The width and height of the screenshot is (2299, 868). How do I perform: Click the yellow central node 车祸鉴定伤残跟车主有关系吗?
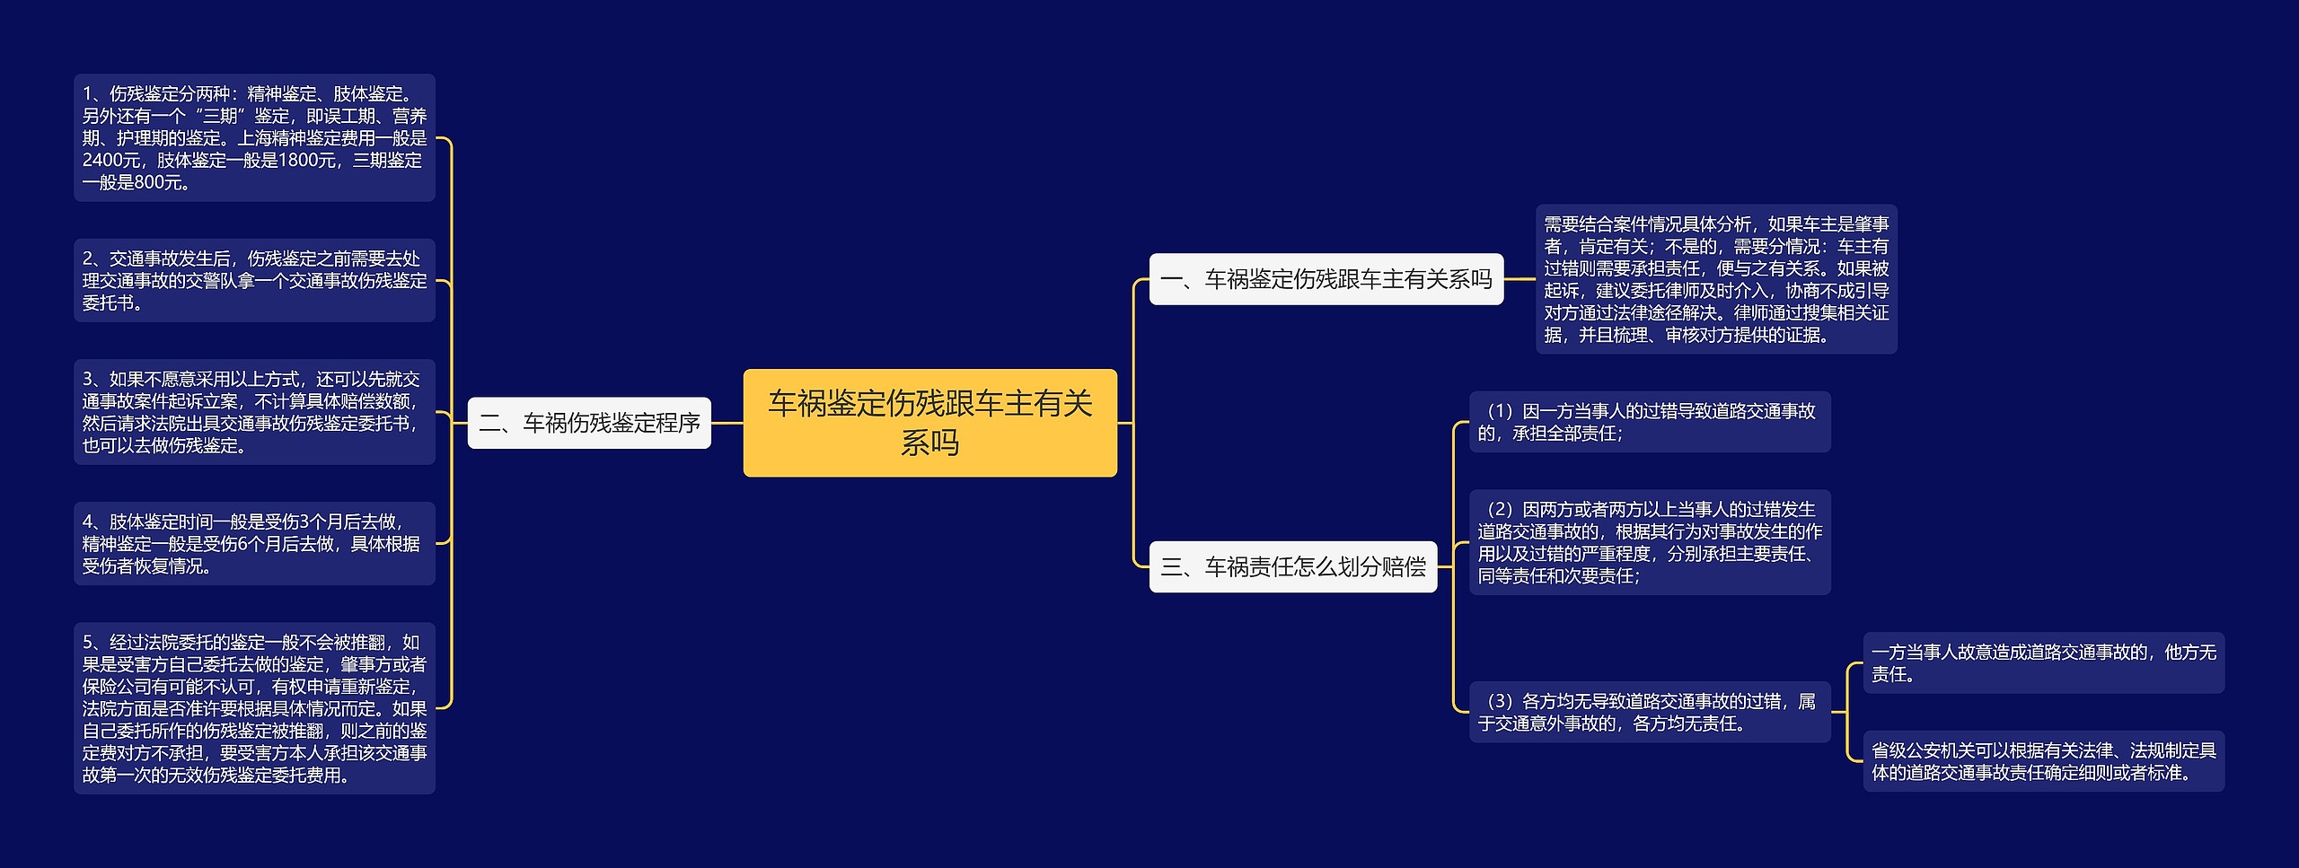929,422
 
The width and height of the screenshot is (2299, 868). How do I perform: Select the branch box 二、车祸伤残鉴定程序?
589,423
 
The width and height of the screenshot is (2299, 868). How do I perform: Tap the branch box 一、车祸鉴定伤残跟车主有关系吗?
1326,279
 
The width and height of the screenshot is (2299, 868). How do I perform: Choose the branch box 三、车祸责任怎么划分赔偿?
1292,566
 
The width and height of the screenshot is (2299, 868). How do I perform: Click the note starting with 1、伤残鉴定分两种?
254,137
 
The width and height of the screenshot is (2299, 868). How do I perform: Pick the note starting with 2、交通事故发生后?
254,280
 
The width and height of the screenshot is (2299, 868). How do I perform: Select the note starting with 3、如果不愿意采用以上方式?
254,412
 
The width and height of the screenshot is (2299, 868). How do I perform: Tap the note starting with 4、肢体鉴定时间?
254,543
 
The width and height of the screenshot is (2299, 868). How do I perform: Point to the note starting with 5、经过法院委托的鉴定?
254,708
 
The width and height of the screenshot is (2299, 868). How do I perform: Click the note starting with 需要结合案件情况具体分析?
1715,279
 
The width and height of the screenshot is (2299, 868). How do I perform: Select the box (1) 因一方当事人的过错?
1649,422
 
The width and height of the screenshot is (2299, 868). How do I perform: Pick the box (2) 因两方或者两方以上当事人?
1649,542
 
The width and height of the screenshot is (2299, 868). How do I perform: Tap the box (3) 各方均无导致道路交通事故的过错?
1649,712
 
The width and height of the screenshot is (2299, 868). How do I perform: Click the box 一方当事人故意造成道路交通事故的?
2043,663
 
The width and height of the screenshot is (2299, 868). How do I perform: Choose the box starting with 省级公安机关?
2043,761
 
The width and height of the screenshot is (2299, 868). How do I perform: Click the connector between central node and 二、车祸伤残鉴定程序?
727,423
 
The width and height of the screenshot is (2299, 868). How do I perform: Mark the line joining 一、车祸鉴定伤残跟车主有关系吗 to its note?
1519,279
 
